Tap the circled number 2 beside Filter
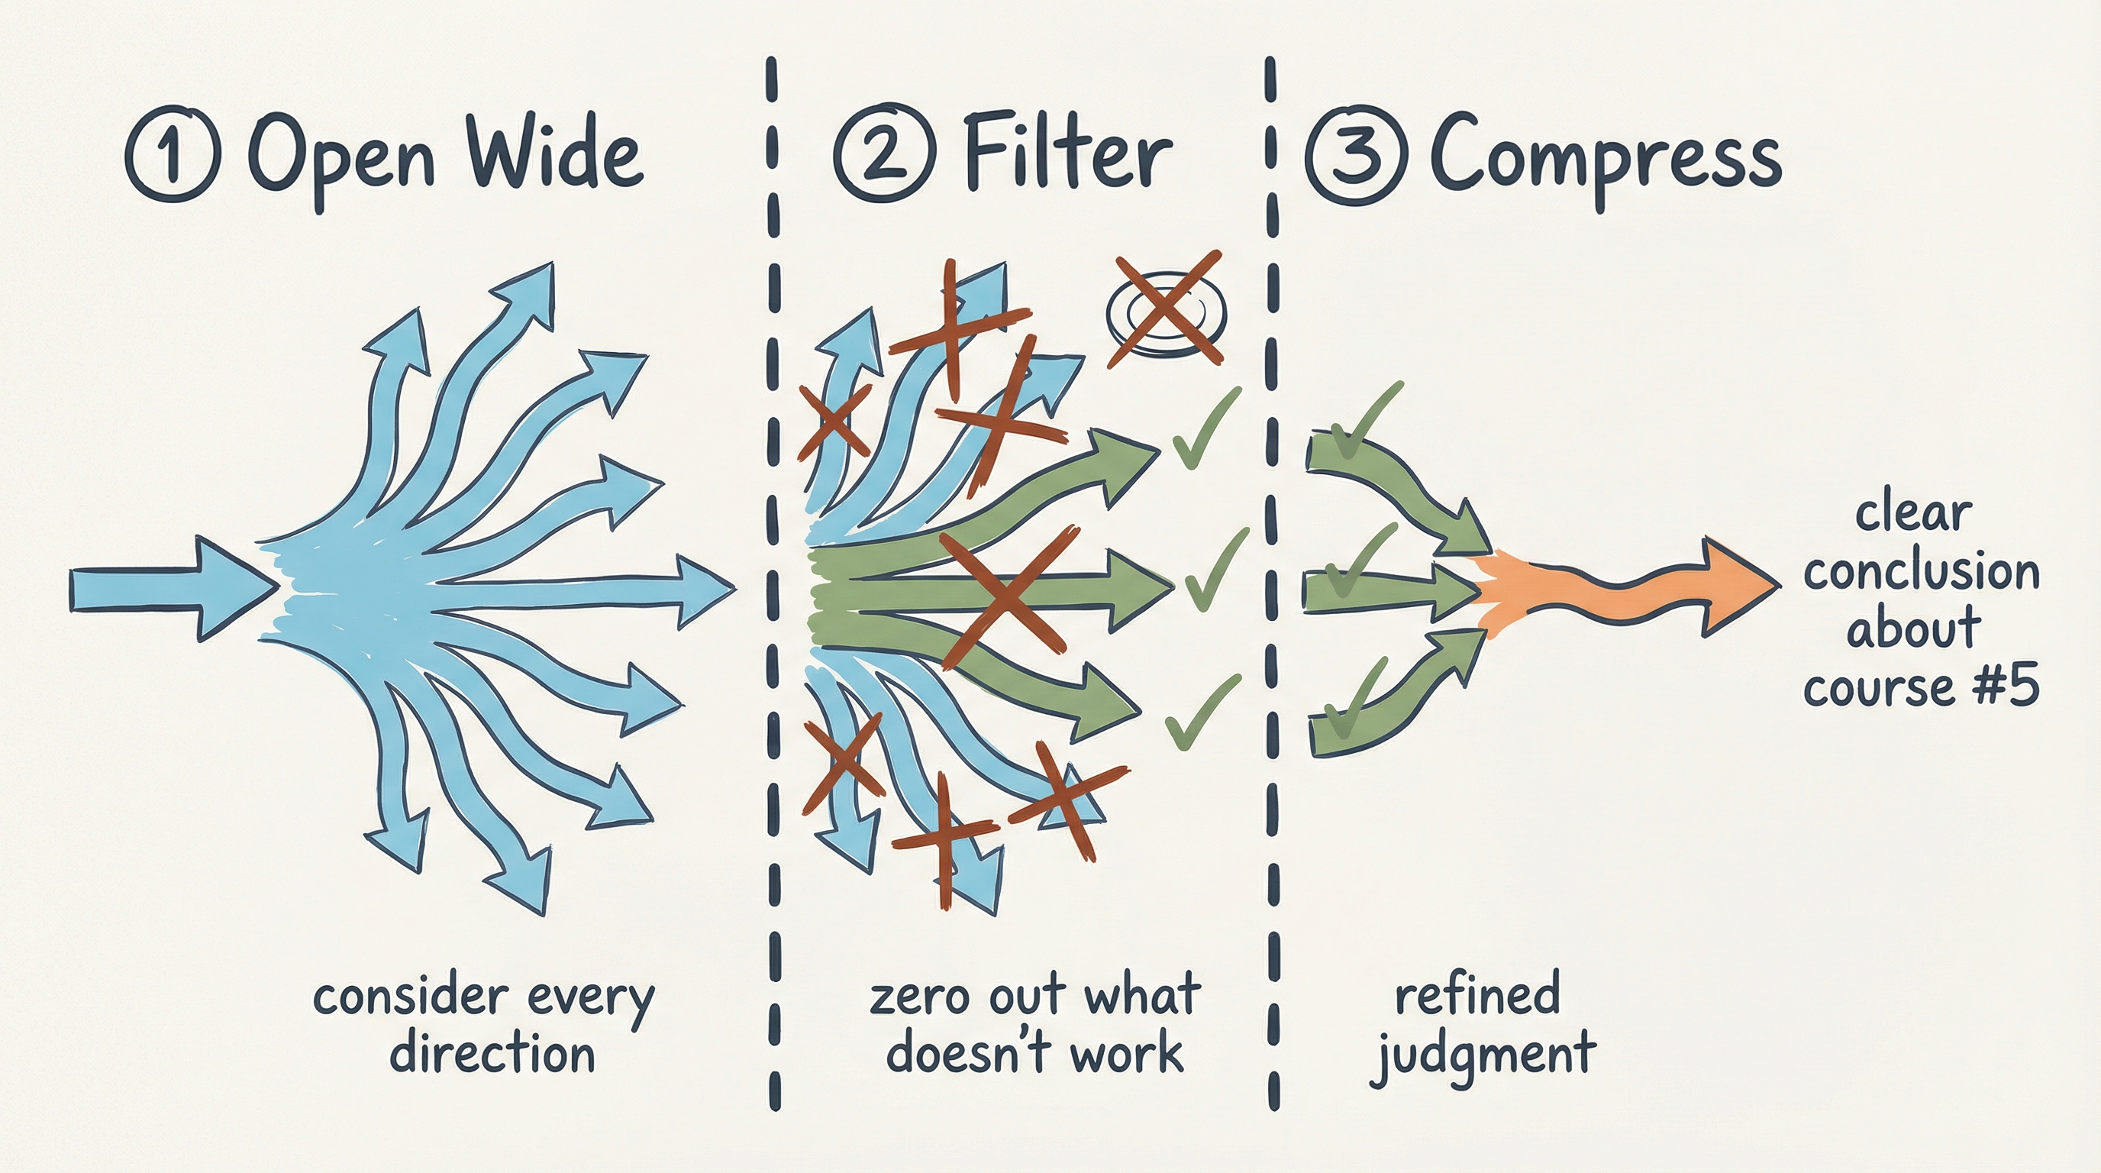coord(885,154)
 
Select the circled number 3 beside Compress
coord(1357,154)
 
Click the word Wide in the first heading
coord(552,154)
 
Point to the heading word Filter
coord(1067,154)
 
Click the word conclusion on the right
coord(1921,572)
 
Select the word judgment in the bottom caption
coord(1482,1055)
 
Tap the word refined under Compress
coord(1477,994)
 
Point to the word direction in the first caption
coord(492,1053)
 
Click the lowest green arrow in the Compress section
coord(1386,709)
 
